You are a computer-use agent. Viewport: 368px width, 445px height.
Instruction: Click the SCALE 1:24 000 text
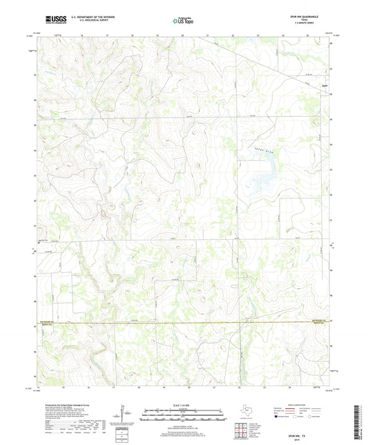[184, 405]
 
